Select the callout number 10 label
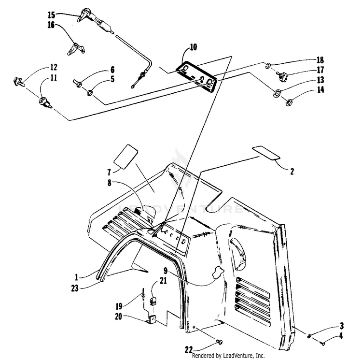[x=193, y=47]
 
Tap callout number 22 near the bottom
[x=190, y=349]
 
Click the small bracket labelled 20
[x=153, y=320]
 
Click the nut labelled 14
[x=291, y=102]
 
